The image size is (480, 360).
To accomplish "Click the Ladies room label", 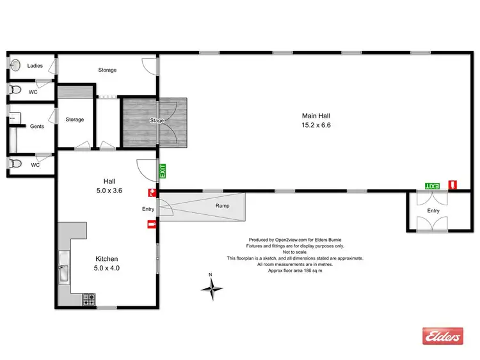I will tap(35, 65).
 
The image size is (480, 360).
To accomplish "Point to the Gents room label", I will tap(37, 127).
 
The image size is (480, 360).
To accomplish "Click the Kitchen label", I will tap(106, 259).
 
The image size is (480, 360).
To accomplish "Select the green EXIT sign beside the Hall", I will tap(163, 171).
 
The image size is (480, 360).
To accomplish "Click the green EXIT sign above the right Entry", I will tap(433, 185).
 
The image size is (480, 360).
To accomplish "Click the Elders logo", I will tap(442, 336).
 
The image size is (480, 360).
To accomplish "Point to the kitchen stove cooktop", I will tap(89, 298).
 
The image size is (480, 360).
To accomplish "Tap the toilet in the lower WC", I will tap(15, 164).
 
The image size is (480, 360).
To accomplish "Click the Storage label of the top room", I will tap(107, 70).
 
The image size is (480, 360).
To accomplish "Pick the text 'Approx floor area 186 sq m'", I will tap(294, 270).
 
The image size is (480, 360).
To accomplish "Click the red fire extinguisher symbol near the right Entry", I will tap(452, 185).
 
